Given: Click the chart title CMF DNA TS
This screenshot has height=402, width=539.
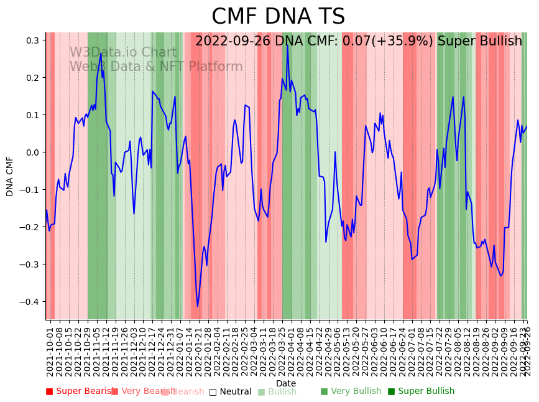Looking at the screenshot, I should [x=278, y=17].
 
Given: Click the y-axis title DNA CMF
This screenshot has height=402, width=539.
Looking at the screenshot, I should [x=10, y=176].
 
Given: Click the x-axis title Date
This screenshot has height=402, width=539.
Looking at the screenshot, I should [x=286, y=383].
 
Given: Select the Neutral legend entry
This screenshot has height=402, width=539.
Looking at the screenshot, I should [x=231, y=391].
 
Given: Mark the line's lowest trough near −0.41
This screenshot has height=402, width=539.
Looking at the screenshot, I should [x=198, y=306].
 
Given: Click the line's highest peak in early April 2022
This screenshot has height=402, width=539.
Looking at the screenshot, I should [x=287, y=45].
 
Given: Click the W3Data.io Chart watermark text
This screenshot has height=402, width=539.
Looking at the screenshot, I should [x=123, y=52].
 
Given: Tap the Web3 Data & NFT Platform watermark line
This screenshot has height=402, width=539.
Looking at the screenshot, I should [x=156, y=67].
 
